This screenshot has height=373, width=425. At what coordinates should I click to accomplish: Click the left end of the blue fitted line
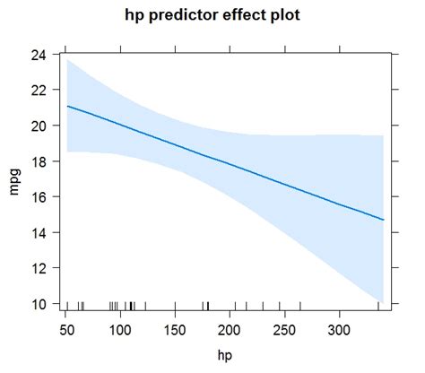67,106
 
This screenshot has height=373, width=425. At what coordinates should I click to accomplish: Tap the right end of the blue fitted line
384,220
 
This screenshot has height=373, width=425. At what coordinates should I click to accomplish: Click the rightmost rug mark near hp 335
378,306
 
